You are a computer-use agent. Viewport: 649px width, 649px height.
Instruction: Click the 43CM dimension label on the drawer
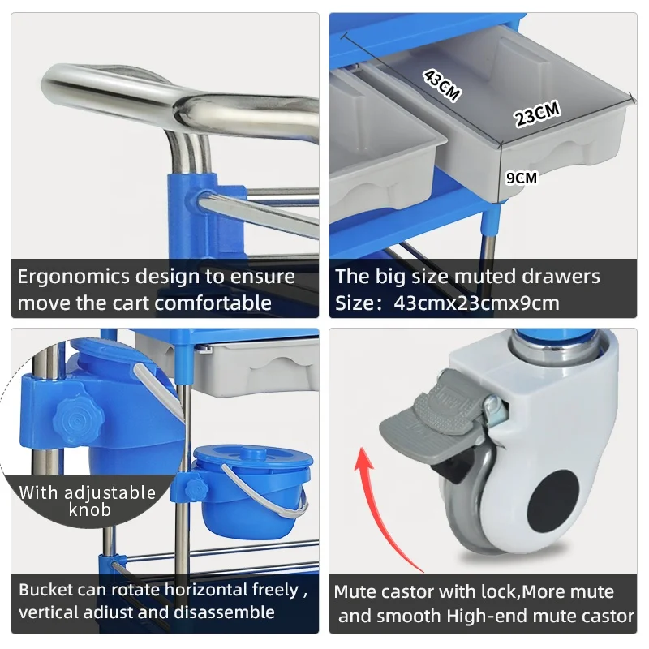[441, 84]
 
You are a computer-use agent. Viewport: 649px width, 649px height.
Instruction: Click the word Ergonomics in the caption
[72, 277]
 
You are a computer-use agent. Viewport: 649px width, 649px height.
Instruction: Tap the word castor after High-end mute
[607, 617]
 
